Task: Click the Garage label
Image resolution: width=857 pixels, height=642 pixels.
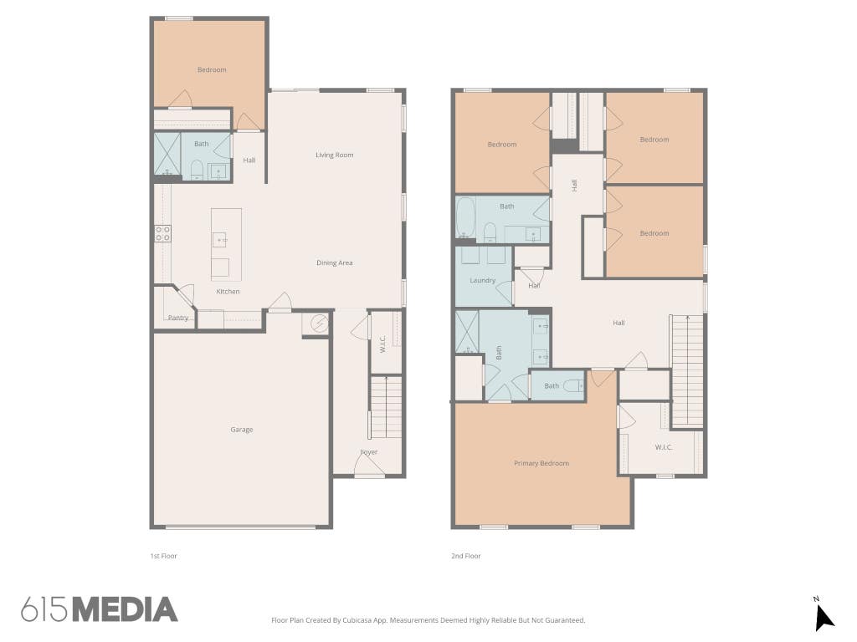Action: [x=242, y=430]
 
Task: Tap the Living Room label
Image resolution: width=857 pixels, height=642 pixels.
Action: [x=335, y=155]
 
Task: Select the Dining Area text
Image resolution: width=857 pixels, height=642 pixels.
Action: [x=335, y=262]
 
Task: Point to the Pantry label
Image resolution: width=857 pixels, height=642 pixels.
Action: [x=178, y=317]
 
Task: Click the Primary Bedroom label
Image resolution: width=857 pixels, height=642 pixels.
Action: [x=541, y=463]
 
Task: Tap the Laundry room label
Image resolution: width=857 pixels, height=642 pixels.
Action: [x=483, y=281]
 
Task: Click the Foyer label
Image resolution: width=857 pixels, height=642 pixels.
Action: [x=369, y=452]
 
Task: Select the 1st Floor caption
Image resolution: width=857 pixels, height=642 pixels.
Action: [x=164, y=556]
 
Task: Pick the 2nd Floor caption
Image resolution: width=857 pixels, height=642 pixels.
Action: [x=466, y=556]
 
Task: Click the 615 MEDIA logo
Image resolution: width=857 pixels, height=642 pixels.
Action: [x=100, y=609]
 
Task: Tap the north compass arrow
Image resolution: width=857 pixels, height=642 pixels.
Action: [x=824, y=618]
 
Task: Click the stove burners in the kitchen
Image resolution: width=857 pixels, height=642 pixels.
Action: [x=163, y=234]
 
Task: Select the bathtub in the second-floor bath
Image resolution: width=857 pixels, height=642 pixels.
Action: [x=465, y=217]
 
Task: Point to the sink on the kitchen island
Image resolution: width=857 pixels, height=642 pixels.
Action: [x=219, y=240]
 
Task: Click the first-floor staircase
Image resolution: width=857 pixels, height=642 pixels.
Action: [x=387, y=407]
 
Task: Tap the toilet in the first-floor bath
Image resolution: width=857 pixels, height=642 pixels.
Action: [x=197, y=171]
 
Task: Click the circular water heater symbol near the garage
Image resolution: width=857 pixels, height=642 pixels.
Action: [x=319, y=323]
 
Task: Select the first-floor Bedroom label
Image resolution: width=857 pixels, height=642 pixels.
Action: [x=212, y=70]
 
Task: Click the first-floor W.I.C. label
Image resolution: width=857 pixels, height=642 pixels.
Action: [x=383, y=344]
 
